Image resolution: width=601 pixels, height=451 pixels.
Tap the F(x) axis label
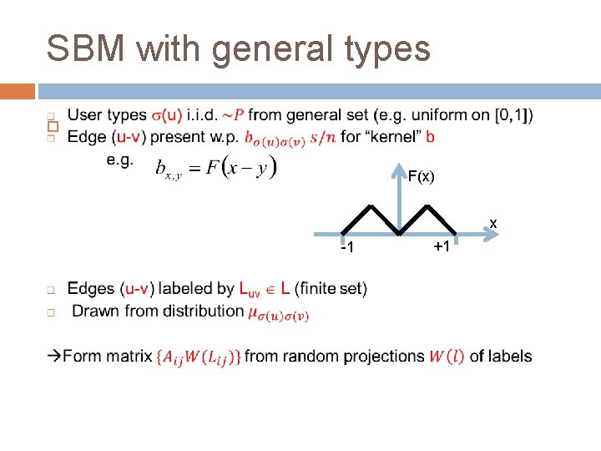click(x=421, y=176)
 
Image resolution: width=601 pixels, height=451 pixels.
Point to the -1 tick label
click(x=347, y=248)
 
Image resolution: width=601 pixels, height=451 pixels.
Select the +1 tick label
click(x=442, y=247)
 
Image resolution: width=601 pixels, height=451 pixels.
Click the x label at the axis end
click(x=493, y=223)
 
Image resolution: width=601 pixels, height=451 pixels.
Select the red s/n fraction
click(x=323, y=136)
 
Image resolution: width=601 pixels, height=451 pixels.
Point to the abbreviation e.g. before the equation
click(x=119, y=160)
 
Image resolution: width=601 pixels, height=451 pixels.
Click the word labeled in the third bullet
click(x=195, y=289)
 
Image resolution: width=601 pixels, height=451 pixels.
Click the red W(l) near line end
click(x=447, y=357)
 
